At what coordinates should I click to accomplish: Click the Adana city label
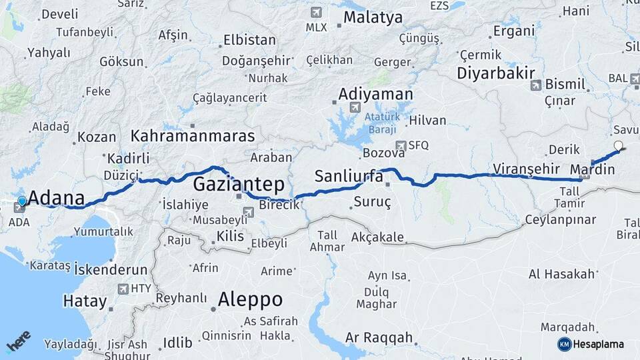coord(57,198)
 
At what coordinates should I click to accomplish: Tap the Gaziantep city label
coord(239,184)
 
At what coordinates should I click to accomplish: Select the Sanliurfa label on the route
coord(348,177)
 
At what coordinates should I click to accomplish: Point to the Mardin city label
coord(593,169)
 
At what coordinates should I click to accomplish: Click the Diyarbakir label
coord(497,73)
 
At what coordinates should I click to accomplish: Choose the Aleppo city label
coord(250,298)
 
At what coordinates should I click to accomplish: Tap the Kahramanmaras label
coord(193,136)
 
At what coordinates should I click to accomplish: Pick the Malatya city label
coord(373,18)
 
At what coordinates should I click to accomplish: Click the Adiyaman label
coord(375,94)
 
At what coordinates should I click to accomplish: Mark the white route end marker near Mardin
coord(618,145)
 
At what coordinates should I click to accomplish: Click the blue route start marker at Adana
coord(22,201)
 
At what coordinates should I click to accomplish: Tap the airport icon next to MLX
coord(315,12)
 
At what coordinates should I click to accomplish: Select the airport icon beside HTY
coord(123,289)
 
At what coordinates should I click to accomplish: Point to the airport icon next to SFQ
coord(400,145)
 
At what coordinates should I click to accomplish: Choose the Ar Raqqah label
coord(379,338)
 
